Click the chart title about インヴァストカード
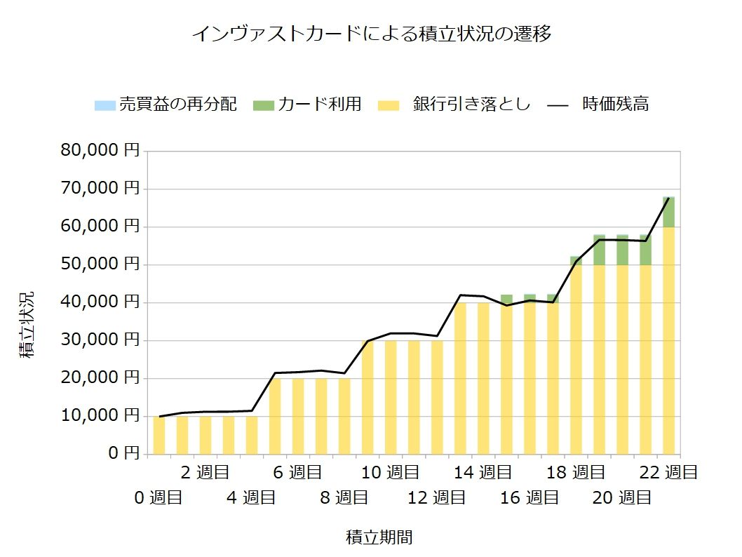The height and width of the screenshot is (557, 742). coord(371,34)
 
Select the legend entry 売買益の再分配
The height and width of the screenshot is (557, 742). coord(166,105)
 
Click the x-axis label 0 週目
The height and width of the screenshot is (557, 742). coord(158,498)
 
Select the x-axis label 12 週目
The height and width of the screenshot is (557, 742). coord(436,498)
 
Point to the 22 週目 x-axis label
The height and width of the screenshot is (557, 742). coord(668,473)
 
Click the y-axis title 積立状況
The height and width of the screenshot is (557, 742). coord(26,324)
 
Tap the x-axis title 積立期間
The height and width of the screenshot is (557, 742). coord(379,538)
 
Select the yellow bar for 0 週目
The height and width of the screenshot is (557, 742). coord(159,435)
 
